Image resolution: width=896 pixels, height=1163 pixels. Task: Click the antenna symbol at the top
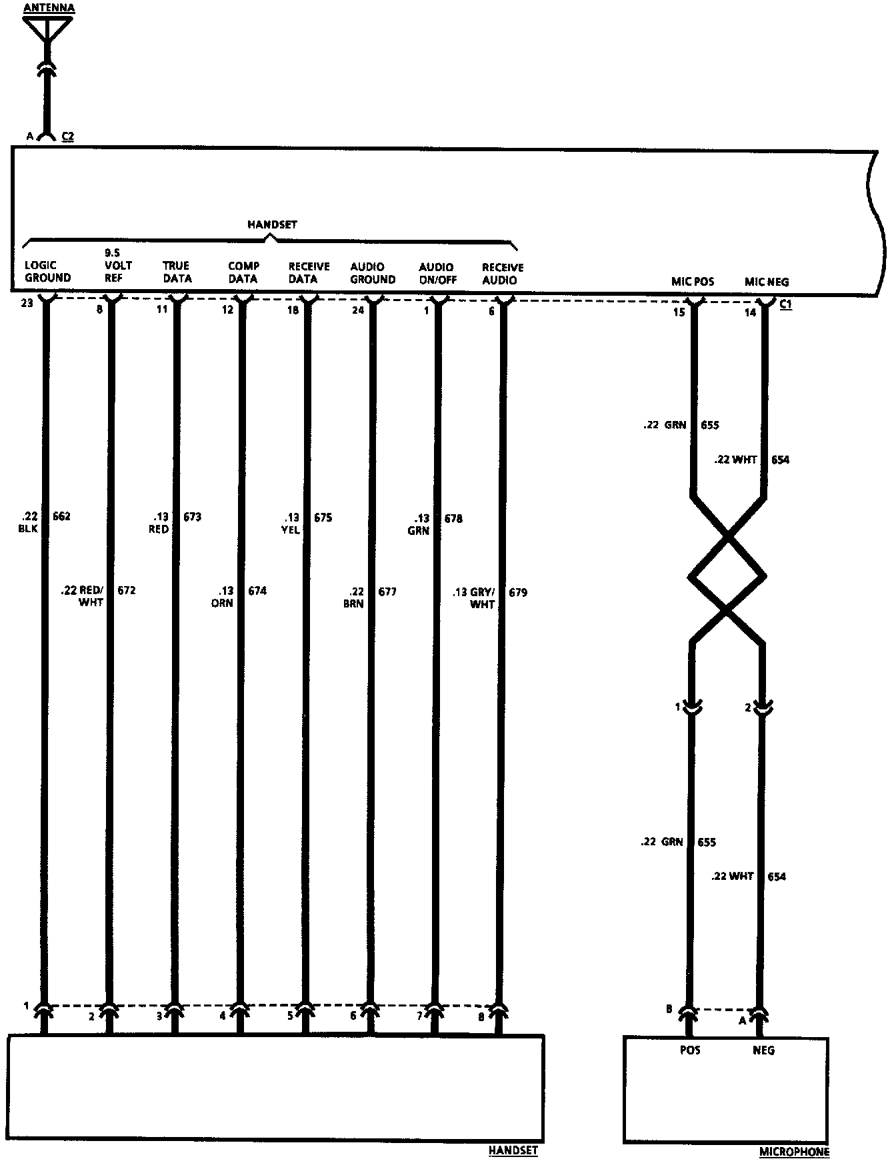point(47,30)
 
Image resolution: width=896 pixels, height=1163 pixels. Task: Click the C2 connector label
point(67,137)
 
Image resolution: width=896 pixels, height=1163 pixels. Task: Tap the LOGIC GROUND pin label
point(47,272)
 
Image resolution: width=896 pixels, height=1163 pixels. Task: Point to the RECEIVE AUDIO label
point(503,274)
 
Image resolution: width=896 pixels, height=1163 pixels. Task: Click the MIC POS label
point(692,282)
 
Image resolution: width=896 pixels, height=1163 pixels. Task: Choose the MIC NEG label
point(767,282)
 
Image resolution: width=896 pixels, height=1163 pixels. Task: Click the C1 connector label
point(785,304)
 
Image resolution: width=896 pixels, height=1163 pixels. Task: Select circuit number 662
point(61,516)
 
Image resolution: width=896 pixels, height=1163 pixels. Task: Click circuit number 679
point(518,592)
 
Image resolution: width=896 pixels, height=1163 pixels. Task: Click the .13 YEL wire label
point(291,524)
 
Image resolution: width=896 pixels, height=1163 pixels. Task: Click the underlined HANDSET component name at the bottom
point(513,1150)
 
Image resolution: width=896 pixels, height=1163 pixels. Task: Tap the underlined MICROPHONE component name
point(794,1152)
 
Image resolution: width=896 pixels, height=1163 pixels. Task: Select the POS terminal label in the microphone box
point(689,1050)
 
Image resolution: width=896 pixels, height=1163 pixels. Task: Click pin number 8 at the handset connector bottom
point(482,1017)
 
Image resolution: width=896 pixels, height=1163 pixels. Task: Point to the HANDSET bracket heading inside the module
point(272,224)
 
